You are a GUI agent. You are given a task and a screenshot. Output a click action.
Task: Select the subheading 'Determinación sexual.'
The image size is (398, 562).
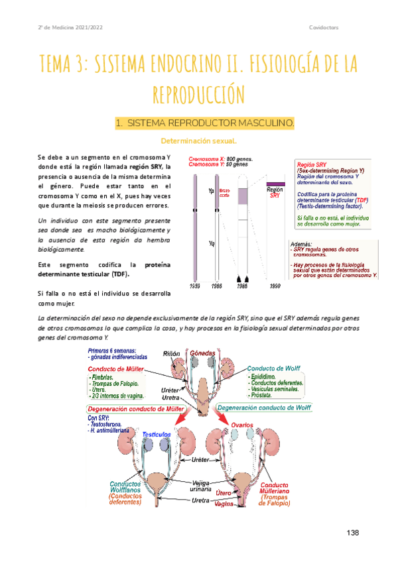(199, 140)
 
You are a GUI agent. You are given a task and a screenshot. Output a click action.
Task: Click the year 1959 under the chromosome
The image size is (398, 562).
(194, 286)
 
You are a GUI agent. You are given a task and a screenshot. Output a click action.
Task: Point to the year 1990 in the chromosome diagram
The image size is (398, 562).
(275, 286)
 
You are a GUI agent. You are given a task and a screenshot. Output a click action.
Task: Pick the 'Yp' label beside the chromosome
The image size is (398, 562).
(212, 191)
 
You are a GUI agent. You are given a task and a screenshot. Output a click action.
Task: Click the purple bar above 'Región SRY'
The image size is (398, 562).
(275, 184)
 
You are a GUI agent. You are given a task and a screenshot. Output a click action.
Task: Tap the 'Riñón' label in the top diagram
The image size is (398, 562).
(172, 353)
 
